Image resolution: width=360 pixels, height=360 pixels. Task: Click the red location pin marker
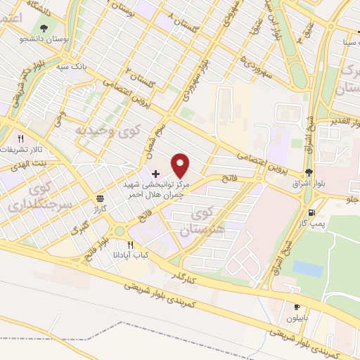click(x=181, y=165)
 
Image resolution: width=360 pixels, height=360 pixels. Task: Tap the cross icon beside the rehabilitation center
click(x=155, y=172)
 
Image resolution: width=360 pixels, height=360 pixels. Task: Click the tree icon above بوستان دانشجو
click(x=44, y=28)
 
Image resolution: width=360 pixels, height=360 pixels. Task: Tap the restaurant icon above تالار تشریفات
click(x=21, y=139)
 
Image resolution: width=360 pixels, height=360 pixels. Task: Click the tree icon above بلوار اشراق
click(x=309, y=172)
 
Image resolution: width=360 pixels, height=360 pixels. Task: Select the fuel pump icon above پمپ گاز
click(x=310, y=212)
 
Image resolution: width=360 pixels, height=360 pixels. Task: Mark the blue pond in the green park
click(x=307, y=269)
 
